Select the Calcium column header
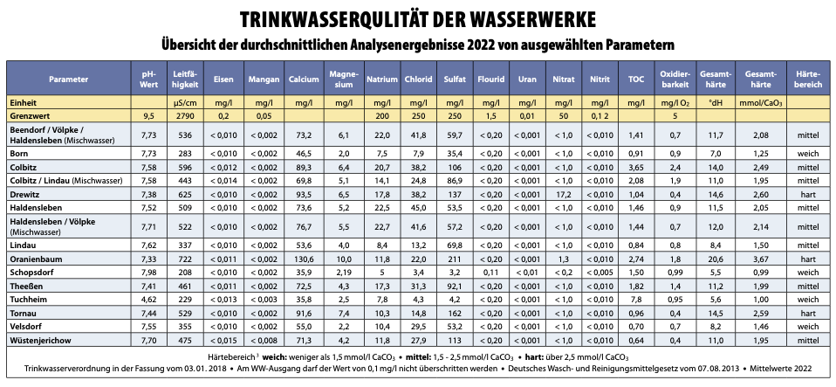[x=304, y=79]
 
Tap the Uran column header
[x=527, y=79]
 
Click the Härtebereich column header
[x=808, y=79]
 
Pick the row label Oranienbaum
[x=36, y=259]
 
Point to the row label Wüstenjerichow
[x=40, y=340]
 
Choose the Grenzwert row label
[x=27, y=114]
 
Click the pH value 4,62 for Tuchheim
[x=148, y=300]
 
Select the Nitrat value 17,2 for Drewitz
[x=564, y=194]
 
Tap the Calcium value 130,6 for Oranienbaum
[x=304, y=259]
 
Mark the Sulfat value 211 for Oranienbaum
[x=455, y=259]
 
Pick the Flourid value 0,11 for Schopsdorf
[x=490, y=273]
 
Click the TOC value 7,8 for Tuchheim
[x=636, y=300]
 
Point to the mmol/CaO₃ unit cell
[x=760, y=103]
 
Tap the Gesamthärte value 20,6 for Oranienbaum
[x=716, y=259]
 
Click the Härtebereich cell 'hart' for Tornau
[x=808, y=313]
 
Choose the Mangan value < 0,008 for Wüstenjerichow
[x=264, y=340]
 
